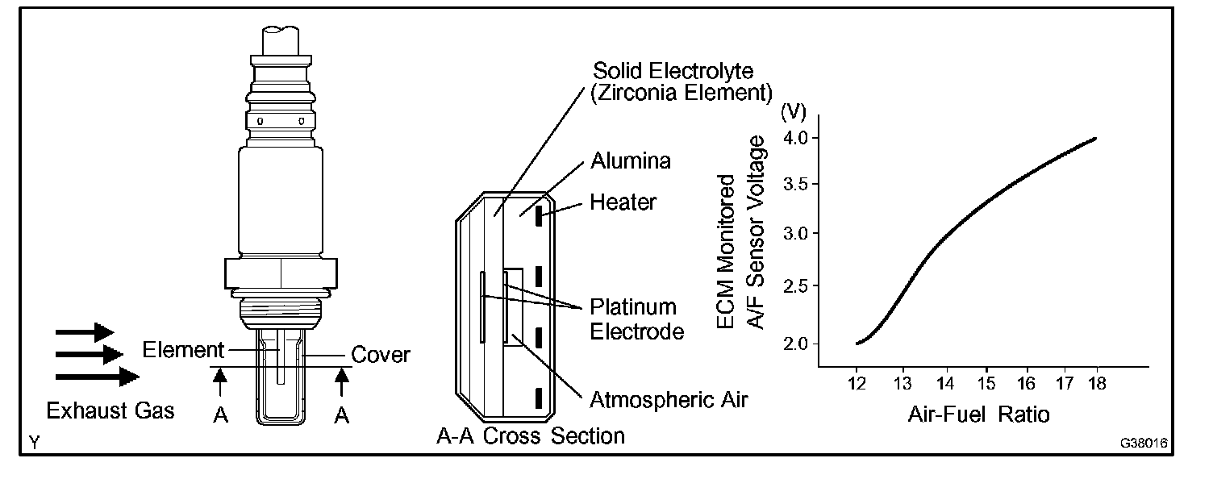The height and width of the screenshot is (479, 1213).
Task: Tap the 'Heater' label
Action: pos(623,202)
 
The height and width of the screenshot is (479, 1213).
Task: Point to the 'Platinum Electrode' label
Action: pos(633,319)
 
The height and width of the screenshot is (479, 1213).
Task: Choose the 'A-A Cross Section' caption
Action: pos(531,436)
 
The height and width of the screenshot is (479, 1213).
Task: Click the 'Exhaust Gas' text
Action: pos(110,411)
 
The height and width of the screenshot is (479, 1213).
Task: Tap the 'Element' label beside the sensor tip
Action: pos(182,350)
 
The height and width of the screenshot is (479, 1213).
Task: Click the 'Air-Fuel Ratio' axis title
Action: pos(978,415)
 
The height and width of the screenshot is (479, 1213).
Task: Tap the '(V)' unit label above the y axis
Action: pos(794,110)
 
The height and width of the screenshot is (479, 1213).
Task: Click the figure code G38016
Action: pos(1144,443)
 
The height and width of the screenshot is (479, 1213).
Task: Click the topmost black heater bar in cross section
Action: pos(536,220)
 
